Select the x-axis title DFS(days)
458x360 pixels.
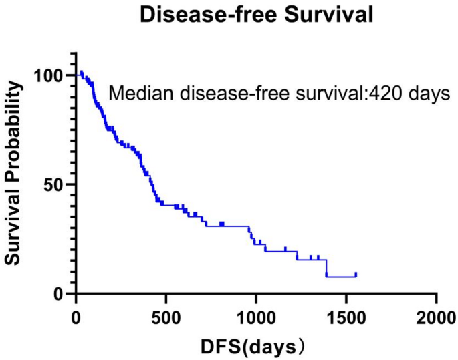pyautogui.click(x=257, y=346)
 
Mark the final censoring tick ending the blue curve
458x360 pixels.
pyautogui.click(x=356, y=274)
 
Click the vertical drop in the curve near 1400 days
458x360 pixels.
pyautogui.click(x=326, y=267)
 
